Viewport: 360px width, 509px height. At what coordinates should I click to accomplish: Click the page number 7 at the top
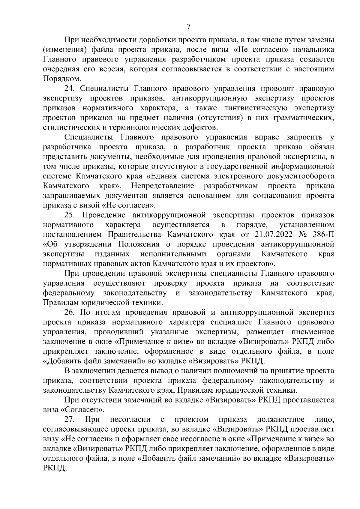coord(188,27)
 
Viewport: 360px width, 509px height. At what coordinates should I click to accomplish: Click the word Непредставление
coord(162,186)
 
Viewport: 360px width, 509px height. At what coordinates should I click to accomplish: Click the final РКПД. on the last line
coord(54,468)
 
